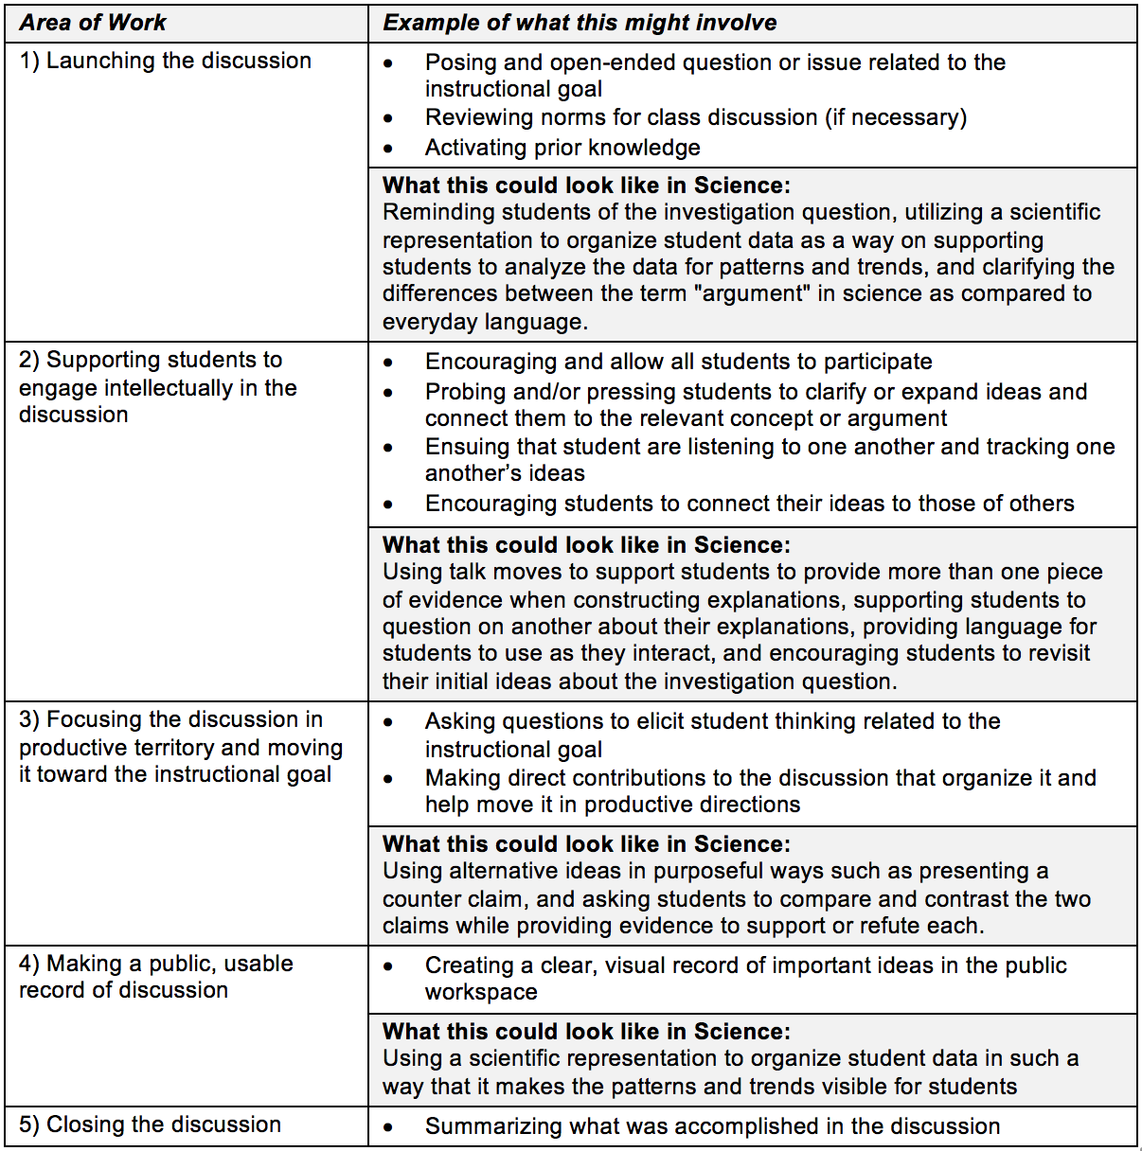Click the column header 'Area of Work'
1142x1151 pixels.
[93, 23]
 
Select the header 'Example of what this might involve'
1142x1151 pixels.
[580, 23]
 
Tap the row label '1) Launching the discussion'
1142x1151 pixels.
[165, 61]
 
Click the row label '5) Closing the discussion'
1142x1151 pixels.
[150, 1124]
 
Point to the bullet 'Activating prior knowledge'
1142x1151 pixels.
[562, 148]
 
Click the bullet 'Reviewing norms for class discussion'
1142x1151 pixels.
[696, 117]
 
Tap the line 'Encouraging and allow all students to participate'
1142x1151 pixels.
[678, 362]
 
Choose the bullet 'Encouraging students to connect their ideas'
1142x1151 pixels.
[749, 504]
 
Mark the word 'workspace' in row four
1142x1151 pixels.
[481, 992]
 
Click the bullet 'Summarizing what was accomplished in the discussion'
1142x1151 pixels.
[712, 1126]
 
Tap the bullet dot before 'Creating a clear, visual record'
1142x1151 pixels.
[388, 966]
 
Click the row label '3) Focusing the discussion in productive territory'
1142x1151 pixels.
[180, 747]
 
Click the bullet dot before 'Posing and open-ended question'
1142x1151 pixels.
[388, 63]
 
